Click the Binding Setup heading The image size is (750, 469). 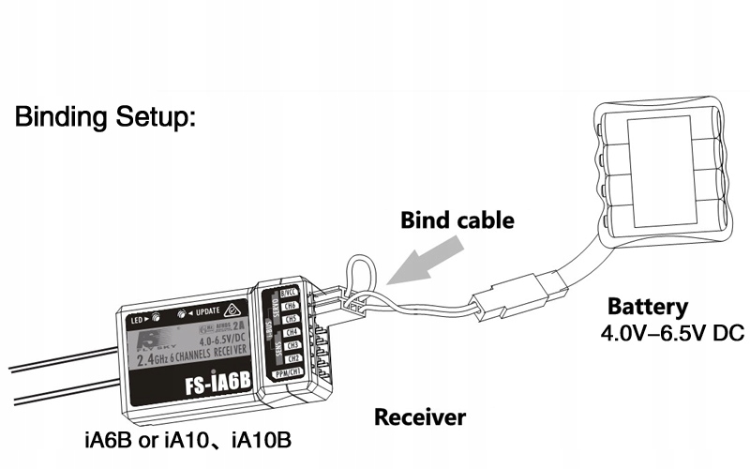[104, 119]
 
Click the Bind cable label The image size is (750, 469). [457, 221]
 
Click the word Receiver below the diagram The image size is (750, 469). [419, 416]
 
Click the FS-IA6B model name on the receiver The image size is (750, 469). [211, 386]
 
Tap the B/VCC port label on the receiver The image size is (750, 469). [288, 293]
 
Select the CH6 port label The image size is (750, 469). [290, 306]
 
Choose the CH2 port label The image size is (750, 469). [293, 358]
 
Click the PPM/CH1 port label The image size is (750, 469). [290, 372]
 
